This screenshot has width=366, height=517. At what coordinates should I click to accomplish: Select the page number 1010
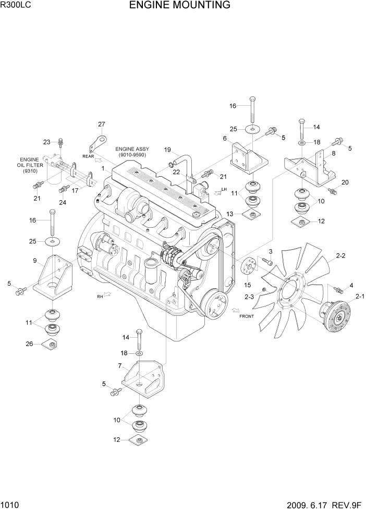(10, 506)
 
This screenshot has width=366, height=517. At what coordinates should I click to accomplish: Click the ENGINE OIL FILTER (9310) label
(30, 165)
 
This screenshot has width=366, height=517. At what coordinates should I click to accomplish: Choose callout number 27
(101, 124)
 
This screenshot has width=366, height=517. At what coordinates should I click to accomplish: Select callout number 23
(46, 142)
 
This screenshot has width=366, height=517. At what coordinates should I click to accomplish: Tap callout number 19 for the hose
(168, 150)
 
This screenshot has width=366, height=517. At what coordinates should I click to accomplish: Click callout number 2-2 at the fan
(341, 256)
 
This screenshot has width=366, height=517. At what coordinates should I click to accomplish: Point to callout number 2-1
(360, 297)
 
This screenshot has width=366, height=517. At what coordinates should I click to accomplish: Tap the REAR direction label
(87, 156)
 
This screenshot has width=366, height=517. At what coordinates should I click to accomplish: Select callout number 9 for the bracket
(34, 261)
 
